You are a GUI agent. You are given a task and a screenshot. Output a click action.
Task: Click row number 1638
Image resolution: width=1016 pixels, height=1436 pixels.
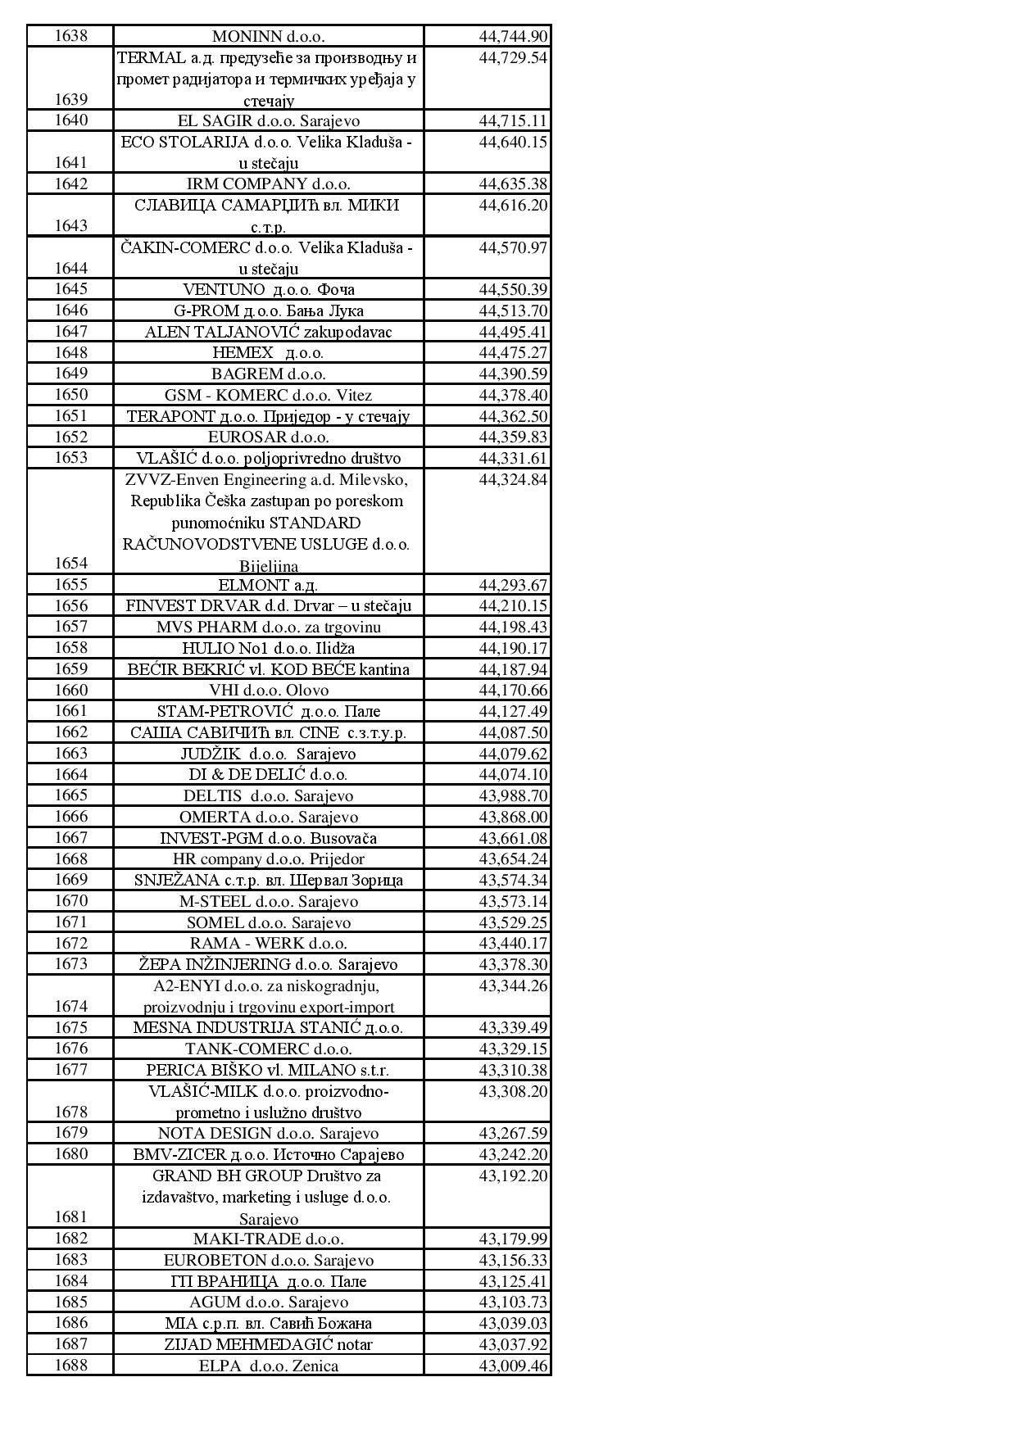(x=70, y=36)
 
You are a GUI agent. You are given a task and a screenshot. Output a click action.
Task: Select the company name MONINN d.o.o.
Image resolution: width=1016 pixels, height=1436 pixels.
(x=268, y=37)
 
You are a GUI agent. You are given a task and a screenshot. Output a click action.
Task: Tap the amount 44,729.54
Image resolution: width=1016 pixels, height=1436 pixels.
(x=513, y=58)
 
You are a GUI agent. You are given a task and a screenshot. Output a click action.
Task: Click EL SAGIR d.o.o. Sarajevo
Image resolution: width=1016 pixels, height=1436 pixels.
(x=268, y=121)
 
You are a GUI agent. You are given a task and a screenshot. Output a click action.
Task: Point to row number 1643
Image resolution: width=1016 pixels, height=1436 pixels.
(x=70, y=225)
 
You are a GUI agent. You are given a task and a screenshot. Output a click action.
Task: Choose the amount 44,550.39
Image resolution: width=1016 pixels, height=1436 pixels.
(x=513, y=290)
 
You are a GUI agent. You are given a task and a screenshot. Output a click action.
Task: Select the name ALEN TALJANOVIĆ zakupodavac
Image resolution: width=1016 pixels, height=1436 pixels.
(x=268, y=332)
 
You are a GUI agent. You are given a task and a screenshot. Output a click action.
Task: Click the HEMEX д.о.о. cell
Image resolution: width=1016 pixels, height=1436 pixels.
(x=268, y=353)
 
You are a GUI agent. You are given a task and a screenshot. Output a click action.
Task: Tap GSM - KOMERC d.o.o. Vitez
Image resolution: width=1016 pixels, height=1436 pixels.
(x=268, y=395)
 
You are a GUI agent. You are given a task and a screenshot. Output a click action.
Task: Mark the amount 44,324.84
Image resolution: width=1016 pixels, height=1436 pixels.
(x=513, y=480)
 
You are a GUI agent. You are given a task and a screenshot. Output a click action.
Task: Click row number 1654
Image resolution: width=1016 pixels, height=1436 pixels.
(x=70, y=563)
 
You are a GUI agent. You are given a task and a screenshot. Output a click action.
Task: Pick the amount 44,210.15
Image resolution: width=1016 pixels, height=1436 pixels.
(x=513, y=606)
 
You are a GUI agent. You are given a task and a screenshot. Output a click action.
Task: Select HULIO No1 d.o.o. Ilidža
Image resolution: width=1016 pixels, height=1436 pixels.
(x=268, y=648)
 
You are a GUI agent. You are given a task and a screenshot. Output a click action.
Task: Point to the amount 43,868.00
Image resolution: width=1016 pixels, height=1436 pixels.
(x=513, y=817)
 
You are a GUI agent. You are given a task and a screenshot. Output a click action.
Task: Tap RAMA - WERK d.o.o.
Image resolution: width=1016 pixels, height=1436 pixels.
(x=268, y=944)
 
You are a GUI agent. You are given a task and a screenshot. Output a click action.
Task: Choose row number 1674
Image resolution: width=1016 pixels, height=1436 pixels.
(x=70, y=1006)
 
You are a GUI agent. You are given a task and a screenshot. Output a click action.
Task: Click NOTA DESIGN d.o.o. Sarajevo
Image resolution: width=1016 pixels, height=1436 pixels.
(x=268, y=1134)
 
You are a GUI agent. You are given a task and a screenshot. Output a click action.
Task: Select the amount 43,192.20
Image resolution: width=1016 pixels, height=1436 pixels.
(x=513, y=1176)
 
